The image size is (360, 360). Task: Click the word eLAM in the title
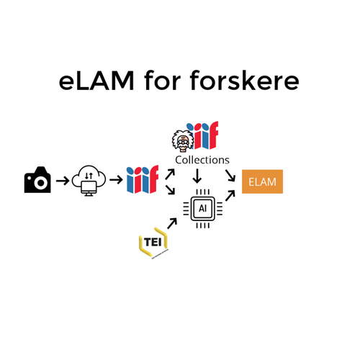tap(96, 81)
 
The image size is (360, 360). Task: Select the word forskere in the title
tap(245, 80)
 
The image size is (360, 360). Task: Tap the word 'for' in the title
tap(163, 80)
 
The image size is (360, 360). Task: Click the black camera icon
tap(37, 179)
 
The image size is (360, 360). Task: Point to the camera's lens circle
tap(41, 183)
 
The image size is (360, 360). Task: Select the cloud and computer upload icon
tap(89, 181)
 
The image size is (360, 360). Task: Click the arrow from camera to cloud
tap(63, 181)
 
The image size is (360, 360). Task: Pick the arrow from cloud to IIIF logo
tap(116, 179)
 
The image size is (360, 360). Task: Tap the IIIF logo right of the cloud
tap(143, 179)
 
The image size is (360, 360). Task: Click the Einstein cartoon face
tap(183, 141)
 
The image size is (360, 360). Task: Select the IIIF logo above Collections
tap(203, 135)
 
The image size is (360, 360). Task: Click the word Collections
tap(202, 160)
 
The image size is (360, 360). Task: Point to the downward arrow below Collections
tap(197, 176)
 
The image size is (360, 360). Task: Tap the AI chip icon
tap(203, 209)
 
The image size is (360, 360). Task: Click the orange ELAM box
tap(262, 181)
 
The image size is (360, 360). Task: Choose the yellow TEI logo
tap(153, 243)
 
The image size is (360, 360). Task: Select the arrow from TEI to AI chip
tap(172, 223)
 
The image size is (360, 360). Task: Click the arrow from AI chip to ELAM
tap(230, 196)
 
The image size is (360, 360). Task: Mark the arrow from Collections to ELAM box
tap(230, 176)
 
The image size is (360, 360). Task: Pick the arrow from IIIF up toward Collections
tap(170, 174)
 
